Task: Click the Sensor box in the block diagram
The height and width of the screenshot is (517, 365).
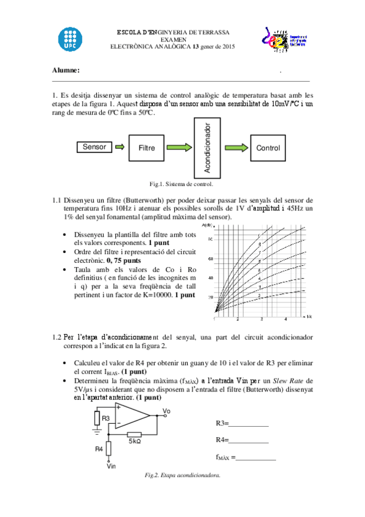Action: click(94, 147)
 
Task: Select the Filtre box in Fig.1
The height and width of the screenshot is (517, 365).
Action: click(147, 148)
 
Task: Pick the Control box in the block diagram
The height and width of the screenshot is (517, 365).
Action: click(268, 148)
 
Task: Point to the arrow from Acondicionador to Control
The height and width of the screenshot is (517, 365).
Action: click(235, 148)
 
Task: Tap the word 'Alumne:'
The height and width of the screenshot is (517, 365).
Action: click(66, 70)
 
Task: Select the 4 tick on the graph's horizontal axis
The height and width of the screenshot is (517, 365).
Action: click(286, 319)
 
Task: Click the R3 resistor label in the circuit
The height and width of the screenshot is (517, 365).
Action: click(105, 418)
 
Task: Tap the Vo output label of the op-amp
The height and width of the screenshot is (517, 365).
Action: click(167, 412)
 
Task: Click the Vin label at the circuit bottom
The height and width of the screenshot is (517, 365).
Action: click(111, 467)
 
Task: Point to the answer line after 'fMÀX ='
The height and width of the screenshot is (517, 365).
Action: click(256, 458)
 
